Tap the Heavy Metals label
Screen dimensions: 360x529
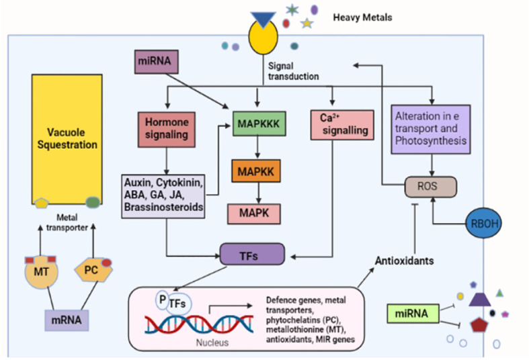coord(363,16)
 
